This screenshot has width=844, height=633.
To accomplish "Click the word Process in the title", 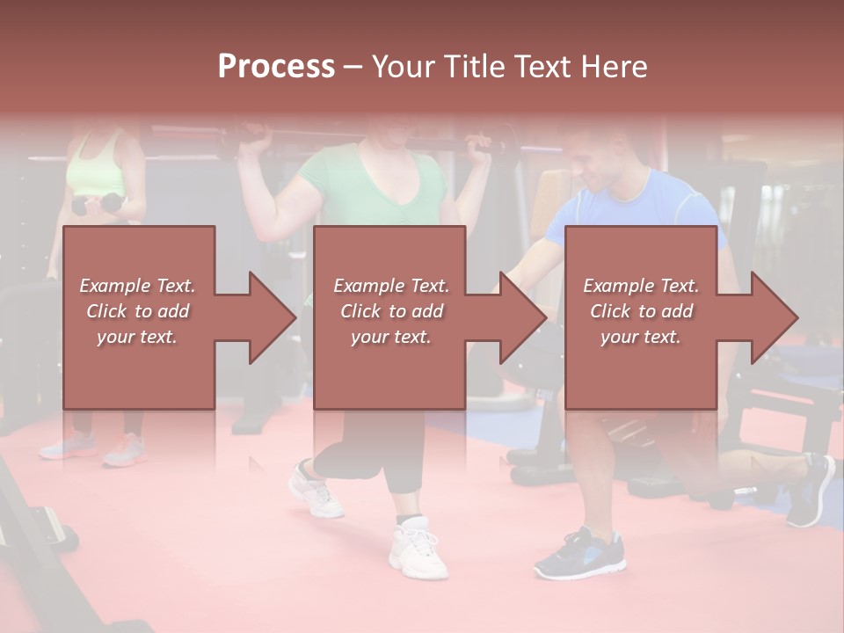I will coord(276,67).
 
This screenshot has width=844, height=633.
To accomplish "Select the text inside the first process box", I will coord(138,311).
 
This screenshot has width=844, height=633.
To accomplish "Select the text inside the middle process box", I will coord(390,311).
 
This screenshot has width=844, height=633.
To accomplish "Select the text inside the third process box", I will coord(641,311).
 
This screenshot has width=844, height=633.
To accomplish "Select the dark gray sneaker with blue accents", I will coord(579,554).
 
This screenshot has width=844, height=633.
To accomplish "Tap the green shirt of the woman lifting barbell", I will coord(369,190).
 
